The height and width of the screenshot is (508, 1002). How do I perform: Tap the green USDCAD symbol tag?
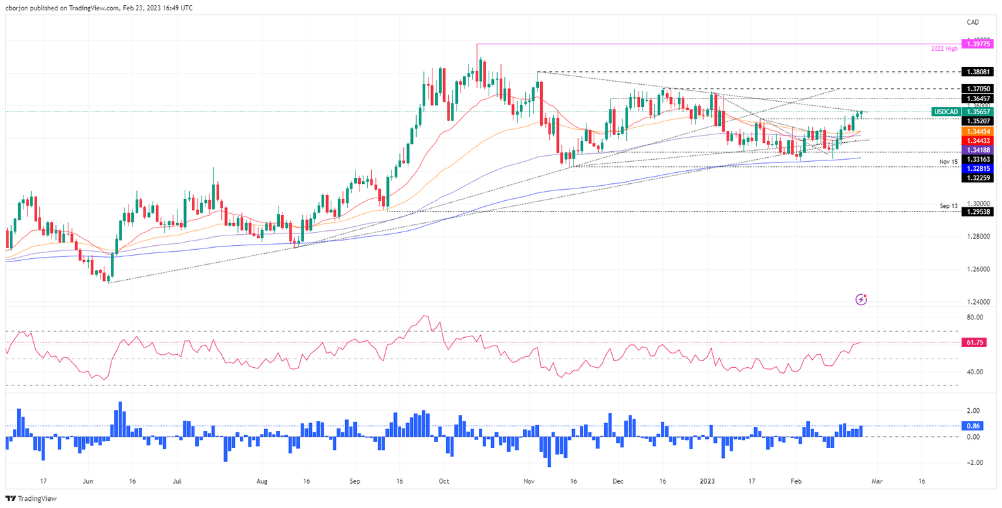[946, 112]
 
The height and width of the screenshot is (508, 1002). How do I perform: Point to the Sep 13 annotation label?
[949, 206]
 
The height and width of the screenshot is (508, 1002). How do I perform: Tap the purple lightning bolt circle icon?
[862, 300]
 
